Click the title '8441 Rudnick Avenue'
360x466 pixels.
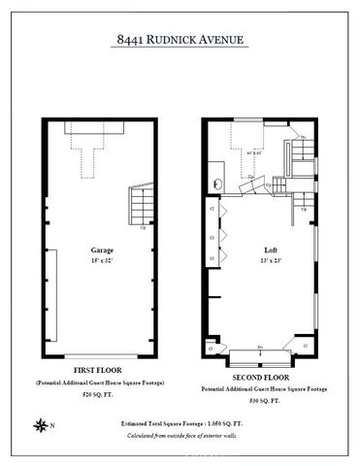(180, 40)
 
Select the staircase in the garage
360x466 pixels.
(139, 205)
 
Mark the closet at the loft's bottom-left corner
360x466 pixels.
(212, 344)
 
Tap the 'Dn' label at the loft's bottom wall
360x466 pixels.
(259, 347)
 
